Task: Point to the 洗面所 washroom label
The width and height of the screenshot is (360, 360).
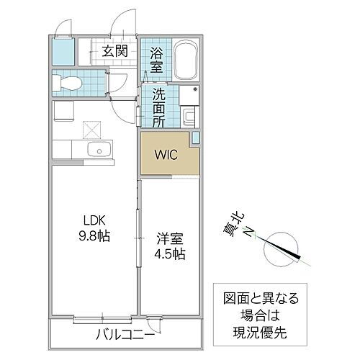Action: pyautogui.click(x=157, y=104)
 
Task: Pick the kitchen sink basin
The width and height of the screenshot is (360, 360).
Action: pyautogui.click(x=98, y=150)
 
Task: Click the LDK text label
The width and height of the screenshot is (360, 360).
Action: pyautogui.click(x=91, y=221)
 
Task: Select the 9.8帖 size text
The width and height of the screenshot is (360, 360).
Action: pyautogui.click(x=92, y=237)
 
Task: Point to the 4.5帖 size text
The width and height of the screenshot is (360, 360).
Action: pyautogui.click(x=166, y=254)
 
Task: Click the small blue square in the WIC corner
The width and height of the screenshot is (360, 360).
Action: pyautogui.click(x=195, y=138)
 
